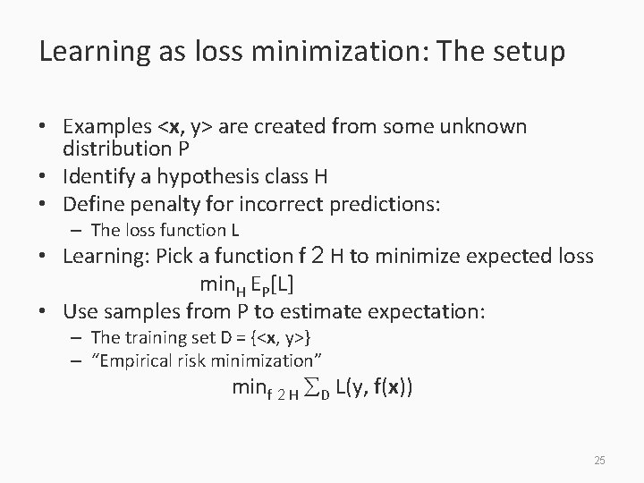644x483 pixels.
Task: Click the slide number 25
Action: click(599, 460)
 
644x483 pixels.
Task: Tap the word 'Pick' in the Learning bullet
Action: click(174, 257)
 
